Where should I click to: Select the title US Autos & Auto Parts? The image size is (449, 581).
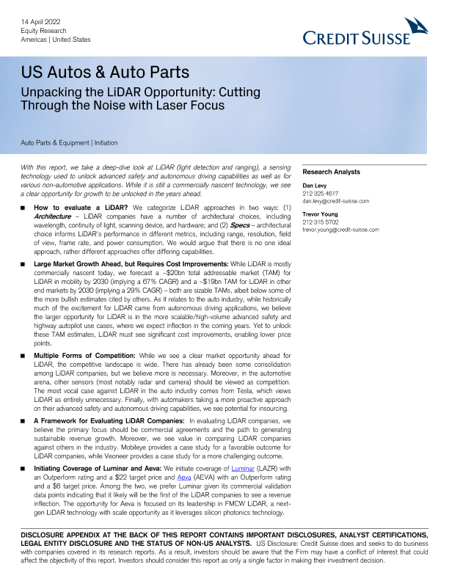pos(105,73)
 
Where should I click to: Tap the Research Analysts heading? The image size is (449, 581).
pos(331,172)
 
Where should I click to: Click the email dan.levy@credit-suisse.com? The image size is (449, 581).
pos(336,201)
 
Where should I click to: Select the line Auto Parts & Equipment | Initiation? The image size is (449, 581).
pos(70,142)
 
